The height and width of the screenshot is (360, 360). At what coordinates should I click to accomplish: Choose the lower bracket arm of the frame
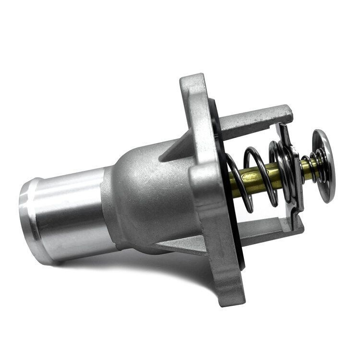(269, 232)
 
